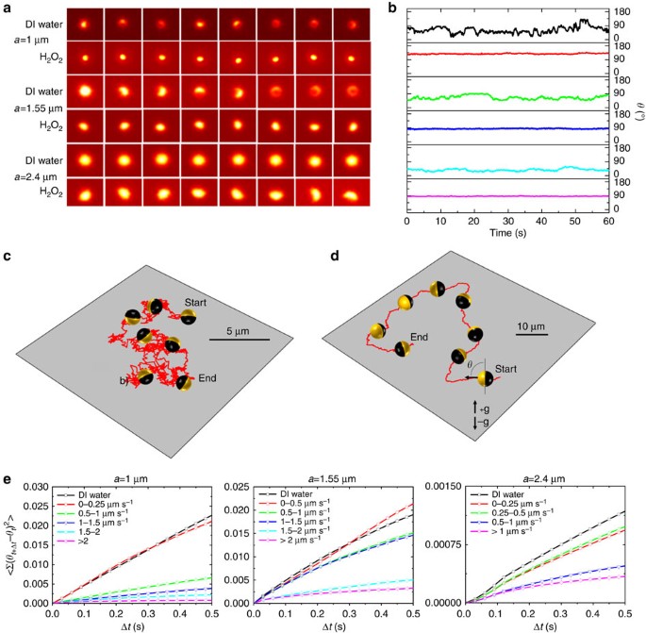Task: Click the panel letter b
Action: [x=391, y=8]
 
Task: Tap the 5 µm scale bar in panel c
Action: [x=240, y=340]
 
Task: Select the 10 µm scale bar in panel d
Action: [x=532, y=334]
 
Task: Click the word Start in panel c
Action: [x=195, y=303]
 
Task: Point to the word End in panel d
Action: [x=419, y=337]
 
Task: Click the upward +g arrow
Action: [x=475, y=407]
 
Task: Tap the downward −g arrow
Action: [x=475, y=424]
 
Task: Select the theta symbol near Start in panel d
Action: [x=470, y=364]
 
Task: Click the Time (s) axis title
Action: [x=507, y=233]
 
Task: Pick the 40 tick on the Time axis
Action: [x=541, y=222]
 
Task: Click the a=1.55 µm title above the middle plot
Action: [x=332, y=479]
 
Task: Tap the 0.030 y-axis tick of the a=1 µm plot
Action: [x=36, y=487]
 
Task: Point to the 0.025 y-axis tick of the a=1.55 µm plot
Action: [x=237, y=487]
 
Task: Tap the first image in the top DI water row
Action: [x=85, y=25]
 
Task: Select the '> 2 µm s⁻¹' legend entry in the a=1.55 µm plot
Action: [x=300, y=540]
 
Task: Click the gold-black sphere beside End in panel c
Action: [x=184, y=383]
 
